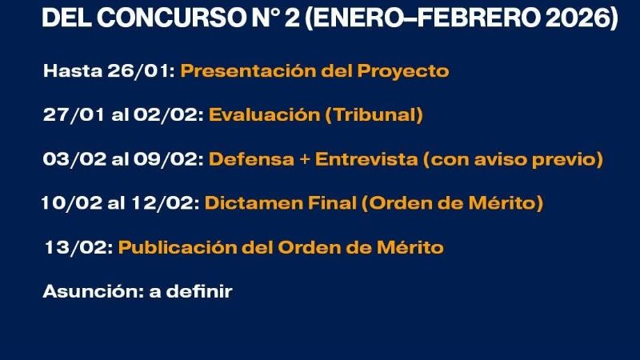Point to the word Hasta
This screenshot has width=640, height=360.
coord(72,71)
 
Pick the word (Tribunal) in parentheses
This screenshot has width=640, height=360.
coord(374,115)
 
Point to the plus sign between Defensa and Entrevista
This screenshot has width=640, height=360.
coord(303,160)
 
